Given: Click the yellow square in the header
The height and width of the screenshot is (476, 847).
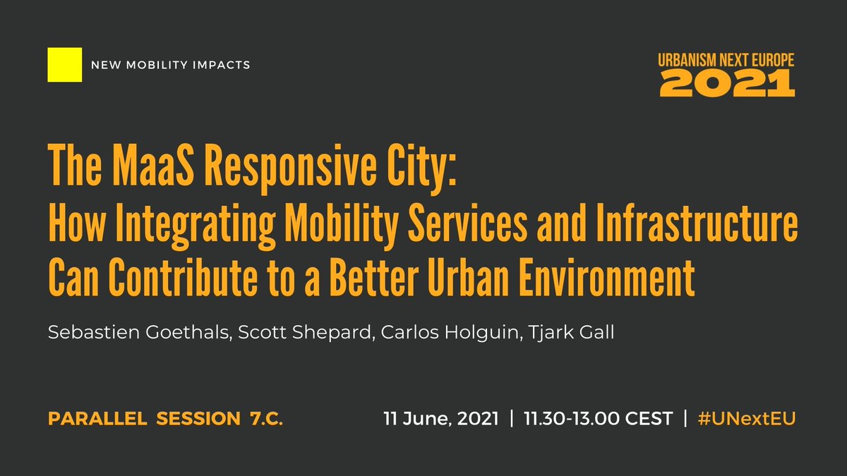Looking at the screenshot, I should tap(65, 65).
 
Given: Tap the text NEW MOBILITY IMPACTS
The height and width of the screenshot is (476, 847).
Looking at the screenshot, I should tap(171, 66).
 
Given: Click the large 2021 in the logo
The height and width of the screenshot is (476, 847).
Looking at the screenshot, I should tap(727, 83).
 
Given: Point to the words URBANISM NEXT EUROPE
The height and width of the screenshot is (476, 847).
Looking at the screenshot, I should tap(727, 61).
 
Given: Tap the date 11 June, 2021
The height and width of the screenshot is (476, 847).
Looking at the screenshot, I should tap(441, 419).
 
